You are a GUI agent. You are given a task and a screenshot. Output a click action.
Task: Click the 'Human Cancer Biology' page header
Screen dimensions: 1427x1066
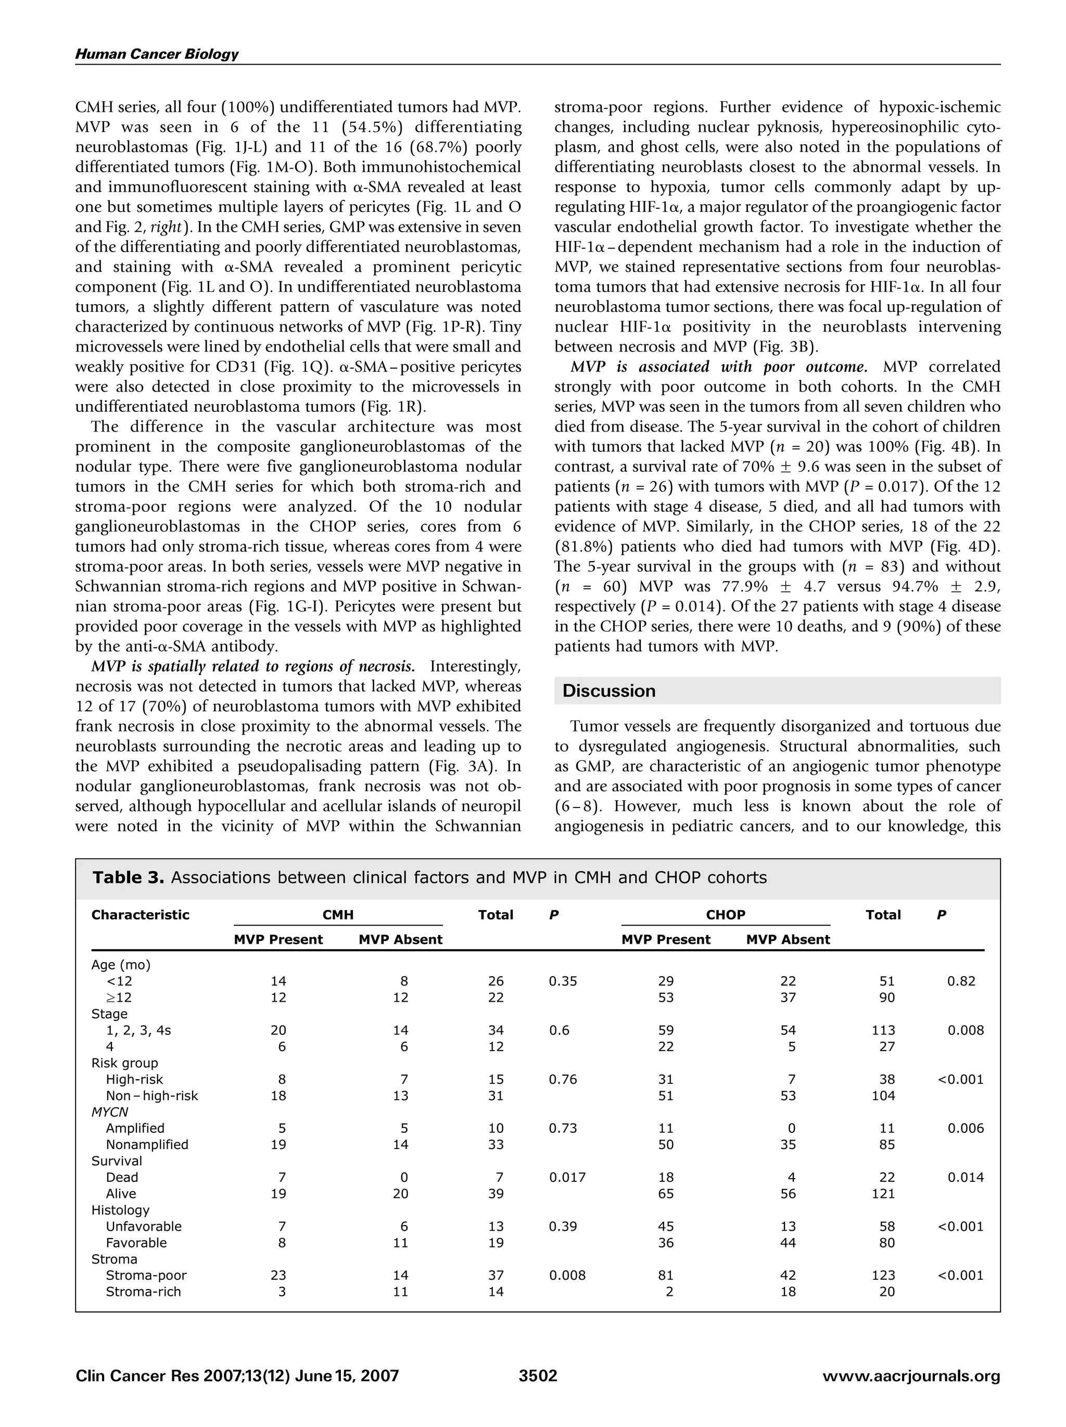point(157,54)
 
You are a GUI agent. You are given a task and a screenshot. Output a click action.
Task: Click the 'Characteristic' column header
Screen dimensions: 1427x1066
point(141,915)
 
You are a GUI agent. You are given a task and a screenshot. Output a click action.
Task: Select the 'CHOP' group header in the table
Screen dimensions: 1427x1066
point(726,915)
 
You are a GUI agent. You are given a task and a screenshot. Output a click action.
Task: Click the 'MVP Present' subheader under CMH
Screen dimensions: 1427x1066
point(278,939)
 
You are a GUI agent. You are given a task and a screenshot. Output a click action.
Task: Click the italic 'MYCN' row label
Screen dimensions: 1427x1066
point(110,1112)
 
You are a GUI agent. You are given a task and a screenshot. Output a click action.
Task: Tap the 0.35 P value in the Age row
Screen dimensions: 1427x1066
point(562,981)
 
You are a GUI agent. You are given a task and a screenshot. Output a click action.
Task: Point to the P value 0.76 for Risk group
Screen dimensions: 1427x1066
point(562,1079)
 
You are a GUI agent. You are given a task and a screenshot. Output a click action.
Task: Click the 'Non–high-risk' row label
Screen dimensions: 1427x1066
point(151,1095)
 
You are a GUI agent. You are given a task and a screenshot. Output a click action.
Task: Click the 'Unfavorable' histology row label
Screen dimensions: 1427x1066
point(143,1227)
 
